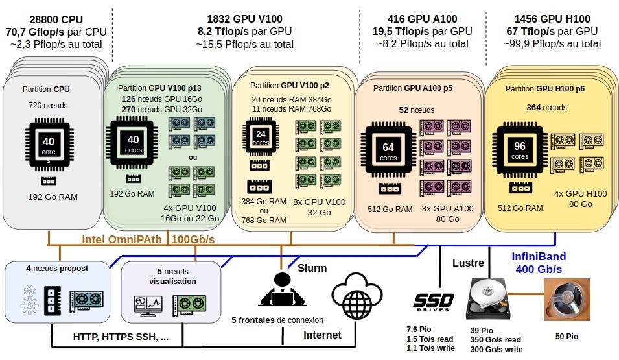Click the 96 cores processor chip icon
point(520,150)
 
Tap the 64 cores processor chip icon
point(388,150)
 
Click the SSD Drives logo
point(434,302)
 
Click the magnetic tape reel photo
point(567,300)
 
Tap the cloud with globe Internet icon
point(357,296)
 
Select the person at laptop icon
point(282,290)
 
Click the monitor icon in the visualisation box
point(148,305)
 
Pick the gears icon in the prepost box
point(30,300)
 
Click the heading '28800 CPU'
point(56,19)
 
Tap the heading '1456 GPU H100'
point(552,19)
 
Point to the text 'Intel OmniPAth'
point(122,239)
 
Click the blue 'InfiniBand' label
point(539,256)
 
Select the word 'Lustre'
point(468,263)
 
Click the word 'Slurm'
point(312,268)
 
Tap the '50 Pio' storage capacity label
point(567,336)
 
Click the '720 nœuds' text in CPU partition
point(48,106)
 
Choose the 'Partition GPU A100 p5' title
point(413,88)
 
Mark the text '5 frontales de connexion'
point(277,320)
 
